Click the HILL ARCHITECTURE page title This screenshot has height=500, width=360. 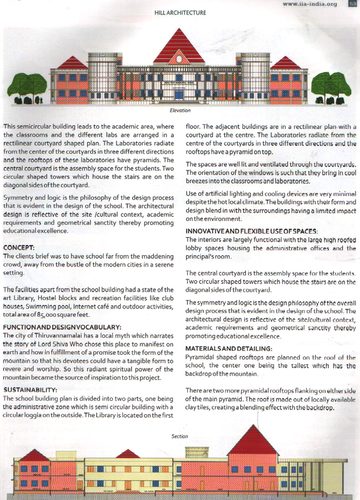pyautogui.click(x=181, y=12)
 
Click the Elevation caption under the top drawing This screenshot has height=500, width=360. pyautogui.click(x=180, y=110)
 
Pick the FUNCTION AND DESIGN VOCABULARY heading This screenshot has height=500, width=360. pyautogui.click(x=53, y=325)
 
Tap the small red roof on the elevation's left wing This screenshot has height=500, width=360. pyautogui.click(x=73, y=63)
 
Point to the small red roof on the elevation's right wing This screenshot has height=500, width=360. pyautogui.click(x=286, y=63)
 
